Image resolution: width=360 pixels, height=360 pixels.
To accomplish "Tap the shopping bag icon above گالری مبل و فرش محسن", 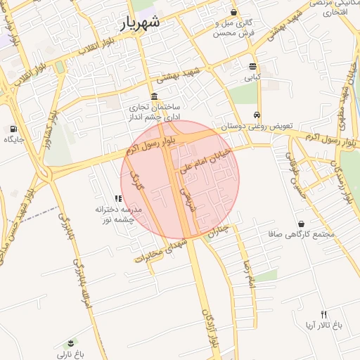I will pyautogui.click(x=234, y=12).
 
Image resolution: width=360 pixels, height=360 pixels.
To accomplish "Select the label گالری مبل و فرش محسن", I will pyautogui.click(x=234, y=27).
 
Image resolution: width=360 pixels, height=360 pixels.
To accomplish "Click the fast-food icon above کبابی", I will pyautogui.click(x=252, y=66).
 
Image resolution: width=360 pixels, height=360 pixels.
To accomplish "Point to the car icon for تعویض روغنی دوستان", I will pyautogui.click(x=257, y=115).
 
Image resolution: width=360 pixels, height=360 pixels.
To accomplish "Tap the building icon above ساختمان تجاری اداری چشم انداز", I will pyautogui.click(x=154, y=96).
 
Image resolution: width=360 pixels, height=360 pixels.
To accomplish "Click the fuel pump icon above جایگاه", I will pyautogui.click(x=13, y=129).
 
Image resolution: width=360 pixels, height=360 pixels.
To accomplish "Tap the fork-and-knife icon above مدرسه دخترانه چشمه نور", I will pyautogui.click(x=117, y=199).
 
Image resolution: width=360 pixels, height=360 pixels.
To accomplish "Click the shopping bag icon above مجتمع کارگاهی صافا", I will pyautogui.click(x=301, y=223).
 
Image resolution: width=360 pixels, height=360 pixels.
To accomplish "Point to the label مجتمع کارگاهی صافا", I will pyautogui.click(x=302, y=234).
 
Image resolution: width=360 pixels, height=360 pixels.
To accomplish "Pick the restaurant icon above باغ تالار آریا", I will pyautogui.click(x=323, y=314).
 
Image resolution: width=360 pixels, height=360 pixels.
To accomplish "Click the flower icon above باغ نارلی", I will pyautogui.click(x=71, y=343).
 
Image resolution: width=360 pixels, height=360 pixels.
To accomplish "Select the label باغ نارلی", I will pyautogui.click(x=71, y=354).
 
